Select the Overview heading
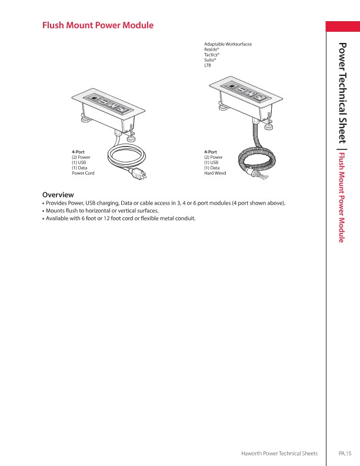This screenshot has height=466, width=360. (x=58, y=194)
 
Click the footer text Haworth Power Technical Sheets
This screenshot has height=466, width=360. (x=279, y=453)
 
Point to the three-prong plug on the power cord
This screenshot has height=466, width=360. (x=140, y=174)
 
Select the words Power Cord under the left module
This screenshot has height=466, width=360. (x=83, y=174)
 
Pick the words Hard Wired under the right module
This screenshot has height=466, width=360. (x=215, y=174)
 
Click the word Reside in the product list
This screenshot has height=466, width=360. (x=211, y=49)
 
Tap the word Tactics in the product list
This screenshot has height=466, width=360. (x=211, y=55)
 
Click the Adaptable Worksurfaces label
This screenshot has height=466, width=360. (x=228, y=44)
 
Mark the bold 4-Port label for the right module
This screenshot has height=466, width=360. (x=211, y=152)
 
